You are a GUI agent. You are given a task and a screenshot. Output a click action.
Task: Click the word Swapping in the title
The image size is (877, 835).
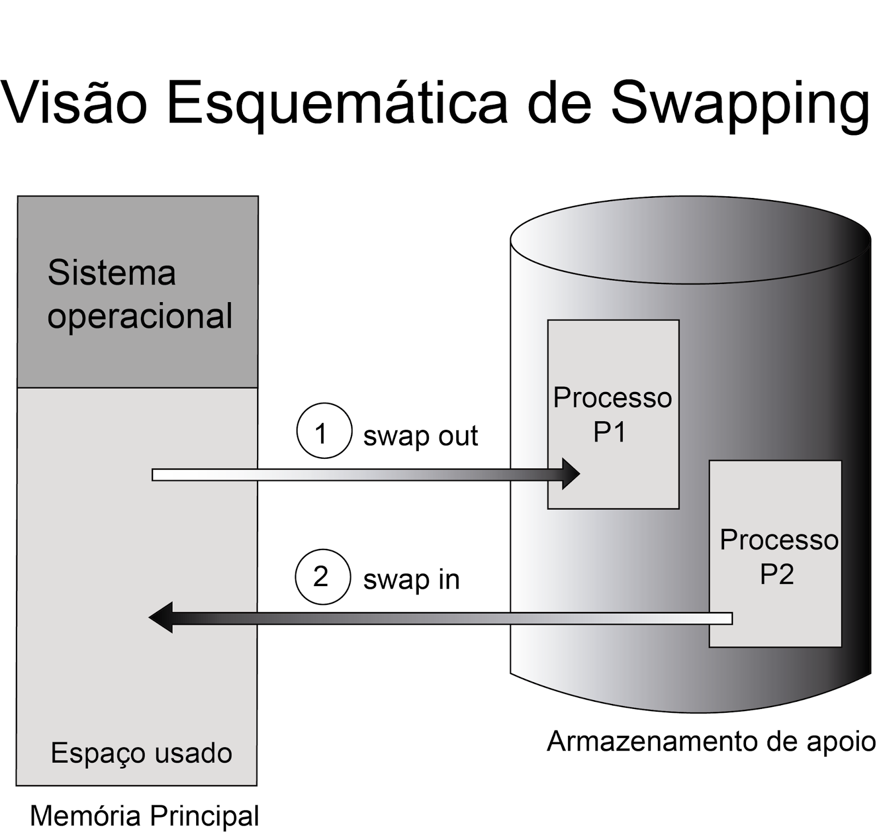click(740, 104)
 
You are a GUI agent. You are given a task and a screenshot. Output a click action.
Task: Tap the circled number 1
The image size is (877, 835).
click(324, 431)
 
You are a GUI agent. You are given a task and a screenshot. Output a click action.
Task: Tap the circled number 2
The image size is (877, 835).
click(322, 577)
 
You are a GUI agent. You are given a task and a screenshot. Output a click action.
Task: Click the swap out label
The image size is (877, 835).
click(420, 436)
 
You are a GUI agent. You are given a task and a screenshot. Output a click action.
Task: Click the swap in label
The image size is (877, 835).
click(411, 580)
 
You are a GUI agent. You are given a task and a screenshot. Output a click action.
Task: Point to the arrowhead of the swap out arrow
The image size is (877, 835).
click(572, 474)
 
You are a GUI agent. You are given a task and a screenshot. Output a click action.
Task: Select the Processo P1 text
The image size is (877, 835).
click(612, 414)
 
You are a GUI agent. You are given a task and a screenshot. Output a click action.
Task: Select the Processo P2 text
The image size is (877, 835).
click(778, 556)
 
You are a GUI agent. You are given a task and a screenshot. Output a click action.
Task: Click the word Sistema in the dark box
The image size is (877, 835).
click(112, 272)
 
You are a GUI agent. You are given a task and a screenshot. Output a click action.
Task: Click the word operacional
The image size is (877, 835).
click(140, 316)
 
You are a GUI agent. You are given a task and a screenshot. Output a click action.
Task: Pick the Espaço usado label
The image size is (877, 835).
click(141, 753)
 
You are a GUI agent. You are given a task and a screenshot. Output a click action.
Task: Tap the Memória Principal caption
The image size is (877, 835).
click(144, 815)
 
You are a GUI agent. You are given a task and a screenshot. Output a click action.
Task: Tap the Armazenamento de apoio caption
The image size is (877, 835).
click(711, 741)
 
